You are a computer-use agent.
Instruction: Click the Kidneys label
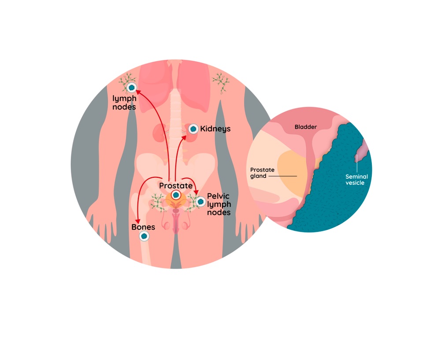215,129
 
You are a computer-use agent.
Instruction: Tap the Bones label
143,227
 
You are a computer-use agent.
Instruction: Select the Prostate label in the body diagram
176,186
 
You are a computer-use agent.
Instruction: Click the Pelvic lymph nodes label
219,204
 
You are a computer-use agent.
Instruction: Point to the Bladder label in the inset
306,127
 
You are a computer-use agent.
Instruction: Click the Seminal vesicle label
356,180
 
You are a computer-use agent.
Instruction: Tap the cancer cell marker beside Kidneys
193,129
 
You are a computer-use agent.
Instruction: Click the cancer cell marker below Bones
144,236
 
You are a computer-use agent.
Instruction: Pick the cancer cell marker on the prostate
176,195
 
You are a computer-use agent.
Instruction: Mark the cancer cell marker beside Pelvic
201,202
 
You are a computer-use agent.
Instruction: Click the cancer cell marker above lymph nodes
131,88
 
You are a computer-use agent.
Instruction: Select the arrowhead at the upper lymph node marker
137,92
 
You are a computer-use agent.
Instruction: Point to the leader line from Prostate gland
282,176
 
